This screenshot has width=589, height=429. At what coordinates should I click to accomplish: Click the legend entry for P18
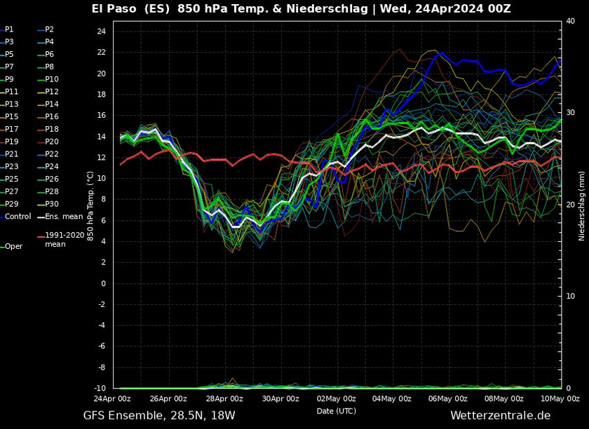(52, 129)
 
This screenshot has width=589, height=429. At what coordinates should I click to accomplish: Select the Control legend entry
(18, 217)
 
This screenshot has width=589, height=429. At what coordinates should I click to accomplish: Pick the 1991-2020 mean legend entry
(65, 240)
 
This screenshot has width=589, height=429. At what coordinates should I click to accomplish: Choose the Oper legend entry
(13, 247)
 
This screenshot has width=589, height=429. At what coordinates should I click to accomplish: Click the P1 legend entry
(9, 29)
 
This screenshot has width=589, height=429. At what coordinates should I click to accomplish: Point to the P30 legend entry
(52, 204)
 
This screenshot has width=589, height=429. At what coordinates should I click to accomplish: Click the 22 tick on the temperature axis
(102, 53)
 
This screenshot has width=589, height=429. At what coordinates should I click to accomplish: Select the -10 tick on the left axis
(100, 388)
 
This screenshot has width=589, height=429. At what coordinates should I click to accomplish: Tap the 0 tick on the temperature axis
(103, 283)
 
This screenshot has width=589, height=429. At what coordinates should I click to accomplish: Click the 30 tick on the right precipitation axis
(571, 113)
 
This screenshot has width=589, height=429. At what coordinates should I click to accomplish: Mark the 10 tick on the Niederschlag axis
(571, 297)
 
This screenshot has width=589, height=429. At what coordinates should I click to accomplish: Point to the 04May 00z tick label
(392, 399)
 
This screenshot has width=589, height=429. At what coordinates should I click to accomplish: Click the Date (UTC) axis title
(336, 411)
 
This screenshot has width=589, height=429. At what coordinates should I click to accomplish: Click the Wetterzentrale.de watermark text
(501, 416)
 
